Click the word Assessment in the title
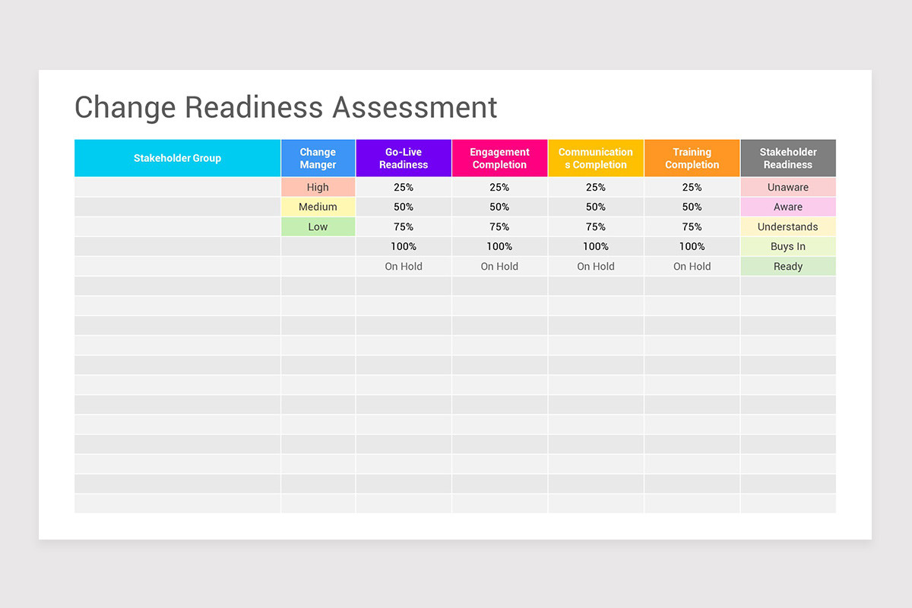pyautogui.click(x=415, y=107)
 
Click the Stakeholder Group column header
pyautogui.click(x=177, y=158)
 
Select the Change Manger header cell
pyautogui.click(x=318, y=158)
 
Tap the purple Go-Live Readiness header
pyautogui.click(x=404, y=158)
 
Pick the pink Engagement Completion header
pyautogui.click(x=499, y=158)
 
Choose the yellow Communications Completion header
pyautogui.click(x=595, y=158)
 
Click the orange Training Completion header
pyautogui.click(x=692, y=158)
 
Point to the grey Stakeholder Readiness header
pyautogui.click(x=788, y=158)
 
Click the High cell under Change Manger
pyautogui.click(x=318, y=187)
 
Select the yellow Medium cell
pyautogui.click(x=318, y=207)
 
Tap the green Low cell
pyautogui.click(x=318, y=226)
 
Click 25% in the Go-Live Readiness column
pyautogui.click(x=404, y=187)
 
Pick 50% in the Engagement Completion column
pyautogui.click(x=499, y=207)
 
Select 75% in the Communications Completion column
pyautogui.click(x=595, y=226)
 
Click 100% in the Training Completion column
pyautogui.click(x=692, y=246)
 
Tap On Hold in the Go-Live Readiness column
pyautogui.click(x=404, y=266)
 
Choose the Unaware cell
pyautogui.click(x=788, y=187)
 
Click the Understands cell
pyautogui.click(x=788, y=226)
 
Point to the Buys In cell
pyautogui.click(x=788, y=246)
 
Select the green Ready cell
pyautogui.click(x=788, y=266)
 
